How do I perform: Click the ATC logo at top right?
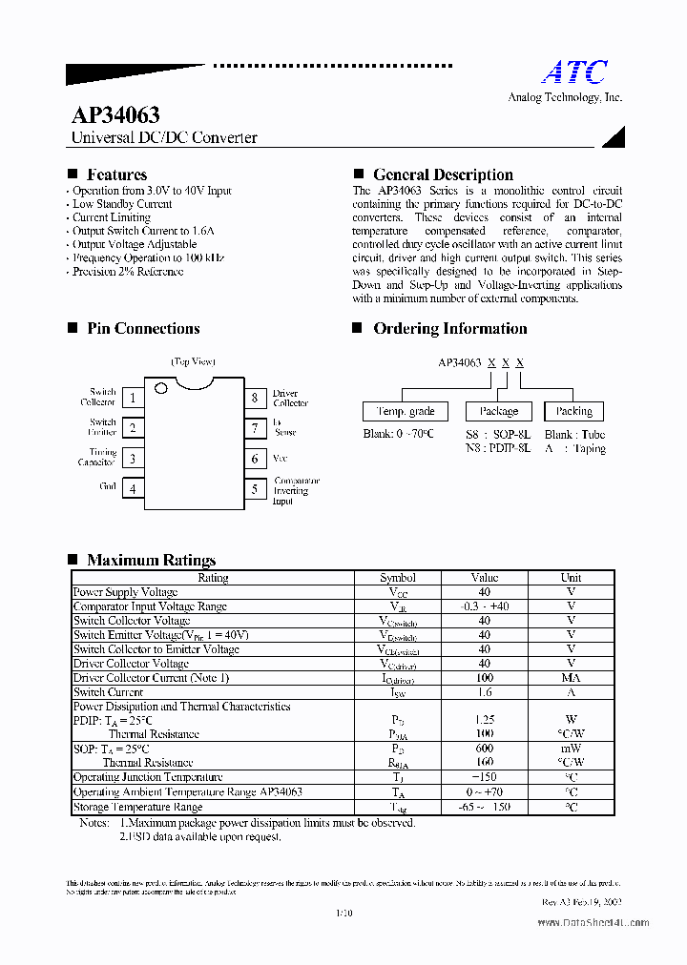574,72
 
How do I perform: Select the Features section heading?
116,175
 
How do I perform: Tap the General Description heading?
443,175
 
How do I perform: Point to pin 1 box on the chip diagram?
133,399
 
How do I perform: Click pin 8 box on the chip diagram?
255,399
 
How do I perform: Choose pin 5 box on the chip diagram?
255,489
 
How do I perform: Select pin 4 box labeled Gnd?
133,489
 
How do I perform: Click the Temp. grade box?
406,411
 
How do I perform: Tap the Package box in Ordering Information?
499,411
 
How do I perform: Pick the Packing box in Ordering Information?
573,411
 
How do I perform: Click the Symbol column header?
398,578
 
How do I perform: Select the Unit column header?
571,578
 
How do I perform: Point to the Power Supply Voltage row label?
125,592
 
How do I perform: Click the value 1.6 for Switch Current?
484,692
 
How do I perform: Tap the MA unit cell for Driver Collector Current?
571,678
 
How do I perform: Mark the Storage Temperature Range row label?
137,807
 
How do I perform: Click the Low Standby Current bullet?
122,204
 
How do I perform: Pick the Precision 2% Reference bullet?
128,272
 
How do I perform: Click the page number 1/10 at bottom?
344,913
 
